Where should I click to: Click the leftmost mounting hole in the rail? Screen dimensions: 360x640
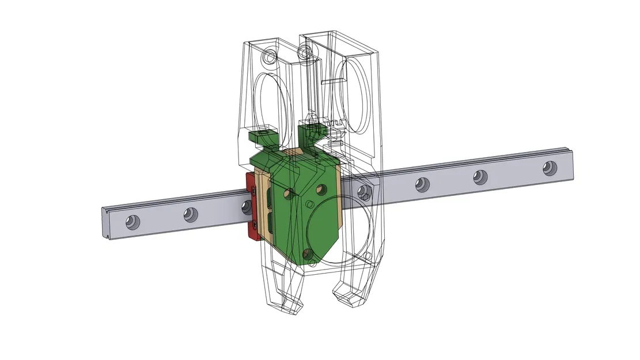(x=132, y=221)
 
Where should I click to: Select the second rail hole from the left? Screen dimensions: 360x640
(x=190, y=215)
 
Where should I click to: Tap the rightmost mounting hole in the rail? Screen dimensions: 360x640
(x=549, y=168)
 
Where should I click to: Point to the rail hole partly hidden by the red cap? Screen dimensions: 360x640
(x=247, y=207)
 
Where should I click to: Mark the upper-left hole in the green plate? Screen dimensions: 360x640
(x=290, y=194)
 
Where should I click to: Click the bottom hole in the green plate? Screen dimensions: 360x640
(x=306, y=253)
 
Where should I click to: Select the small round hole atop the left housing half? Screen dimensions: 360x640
(x=269, y=57)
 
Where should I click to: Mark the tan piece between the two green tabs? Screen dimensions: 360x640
(x=293, y=152)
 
